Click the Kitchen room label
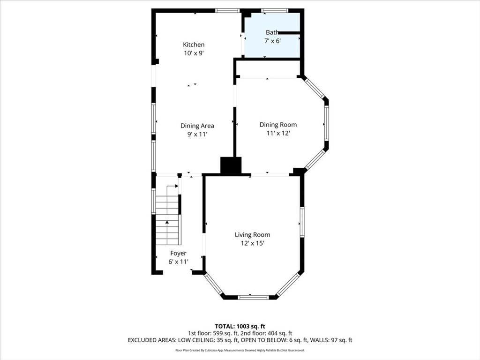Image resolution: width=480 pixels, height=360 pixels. (194, 45)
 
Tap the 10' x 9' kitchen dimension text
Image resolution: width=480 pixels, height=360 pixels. (194, 53)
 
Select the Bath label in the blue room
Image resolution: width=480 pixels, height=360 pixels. (272, 32)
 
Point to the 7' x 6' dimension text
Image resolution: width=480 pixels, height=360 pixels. (272, 41)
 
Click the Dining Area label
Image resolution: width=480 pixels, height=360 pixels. (197, 126)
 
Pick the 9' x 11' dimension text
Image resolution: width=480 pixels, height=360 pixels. (197, 134)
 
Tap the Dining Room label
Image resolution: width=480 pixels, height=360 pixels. (278, 125)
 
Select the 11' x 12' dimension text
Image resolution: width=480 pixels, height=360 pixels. (278, 133)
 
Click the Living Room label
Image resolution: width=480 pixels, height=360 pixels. (252, 235)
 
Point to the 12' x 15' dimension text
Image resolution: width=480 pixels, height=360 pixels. (253, 243)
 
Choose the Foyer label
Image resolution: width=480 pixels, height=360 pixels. (178, 253)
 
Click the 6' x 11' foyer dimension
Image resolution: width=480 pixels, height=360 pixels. (178, 262)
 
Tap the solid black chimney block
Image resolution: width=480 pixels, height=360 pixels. (231, 166)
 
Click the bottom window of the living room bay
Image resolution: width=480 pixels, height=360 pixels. (253, 297)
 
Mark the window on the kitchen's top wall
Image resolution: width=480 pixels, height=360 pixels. (227, 11)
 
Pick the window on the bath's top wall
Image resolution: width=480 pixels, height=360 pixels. (275, 11)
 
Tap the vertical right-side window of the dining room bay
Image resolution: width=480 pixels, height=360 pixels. (326, 123)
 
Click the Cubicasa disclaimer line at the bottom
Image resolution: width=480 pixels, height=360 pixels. (240, 350)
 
